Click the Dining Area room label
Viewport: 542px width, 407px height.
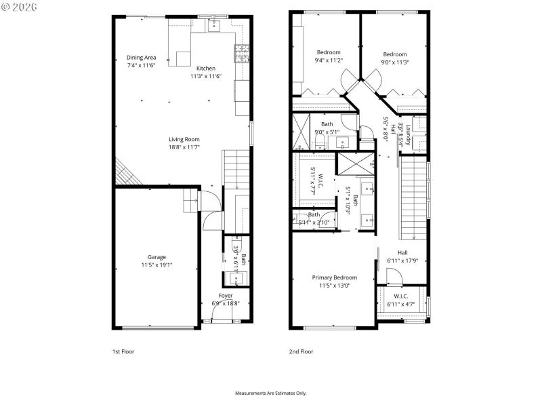point(141,58)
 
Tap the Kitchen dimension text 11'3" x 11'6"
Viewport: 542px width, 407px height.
point(206,76)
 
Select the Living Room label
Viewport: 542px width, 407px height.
point(184,140)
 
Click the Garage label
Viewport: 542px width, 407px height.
point(157,257)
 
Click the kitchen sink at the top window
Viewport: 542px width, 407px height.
point(215,26)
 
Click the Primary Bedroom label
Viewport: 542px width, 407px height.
point(334,277)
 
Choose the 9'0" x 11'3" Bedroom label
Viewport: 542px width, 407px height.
point(394,54)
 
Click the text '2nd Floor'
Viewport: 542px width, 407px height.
point(301,351)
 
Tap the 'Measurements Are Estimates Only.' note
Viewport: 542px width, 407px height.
point(271,393)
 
